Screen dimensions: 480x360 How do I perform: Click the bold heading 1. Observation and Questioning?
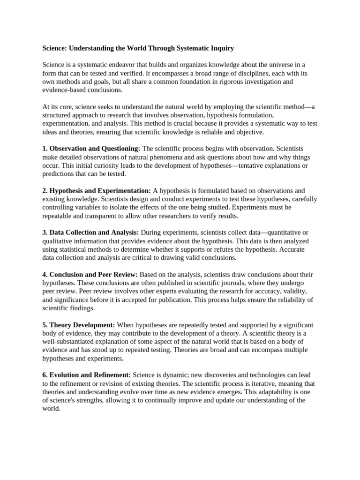tap(91, 149)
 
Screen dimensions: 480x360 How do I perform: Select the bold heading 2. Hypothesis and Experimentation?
tap(97, 191)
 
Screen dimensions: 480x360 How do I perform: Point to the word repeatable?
tap(58, 216)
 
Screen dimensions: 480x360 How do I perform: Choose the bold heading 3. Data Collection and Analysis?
tap(90, 232)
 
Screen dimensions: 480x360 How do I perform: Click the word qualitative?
tap(57, 241)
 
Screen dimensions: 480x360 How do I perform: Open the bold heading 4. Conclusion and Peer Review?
tap(90, 275)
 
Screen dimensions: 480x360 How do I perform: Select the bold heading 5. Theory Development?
tap(79, 325)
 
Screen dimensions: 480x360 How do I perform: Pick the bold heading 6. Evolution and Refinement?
tap(87, 375)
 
